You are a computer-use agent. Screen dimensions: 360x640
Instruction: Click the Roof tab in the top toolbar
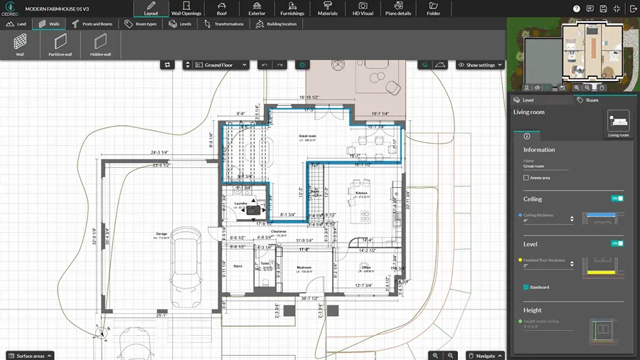point(221,9)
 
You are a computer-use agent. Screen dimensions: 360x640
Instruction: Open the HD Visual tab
point(363,9)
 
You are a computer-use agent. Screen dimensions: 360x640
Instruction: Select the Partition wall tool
point(60,44)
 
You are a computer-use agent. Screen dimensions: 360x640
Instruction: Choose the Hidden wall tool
point(100,44)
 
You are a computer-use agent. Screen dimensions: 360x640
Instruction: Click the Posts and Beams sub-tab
point(92,23)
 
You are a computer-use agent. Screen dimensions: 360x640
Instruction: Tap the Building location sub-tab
point(277,23)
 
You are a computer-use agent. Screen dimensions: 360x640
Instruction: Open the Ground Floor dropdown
point(216,65)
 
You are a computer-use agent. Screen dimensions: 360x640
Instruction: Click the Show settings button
point(480,65)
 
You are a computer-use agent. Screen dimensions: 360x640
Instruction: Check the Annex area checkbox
point(526,178)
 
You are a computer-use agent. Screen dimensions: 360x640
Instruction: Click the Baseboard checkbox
point(526,287)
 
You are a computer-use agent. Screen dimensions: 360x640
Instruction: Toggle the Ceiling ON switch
point(617,198)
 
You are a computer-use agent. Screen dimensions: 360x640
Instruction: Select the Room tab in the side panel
point(588,100)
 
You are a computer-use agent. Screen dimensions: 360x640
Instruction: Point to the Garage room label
point(161,233)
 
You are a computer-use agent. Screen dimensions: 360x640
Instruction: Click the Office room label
point(366,268)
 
